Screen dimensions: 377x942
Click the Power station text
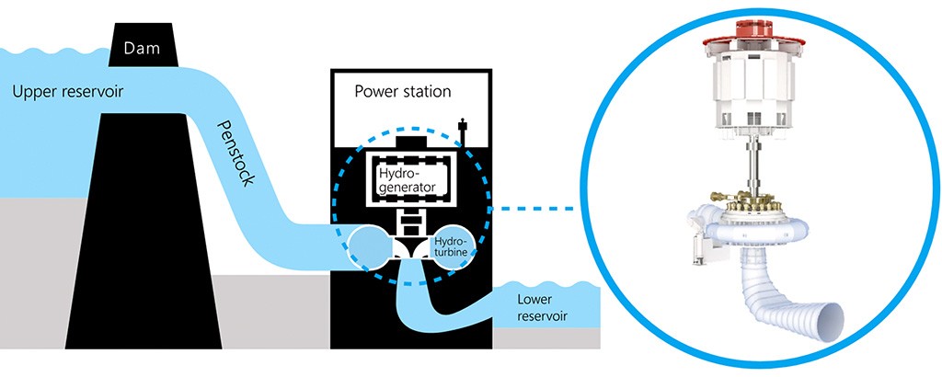402,91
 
